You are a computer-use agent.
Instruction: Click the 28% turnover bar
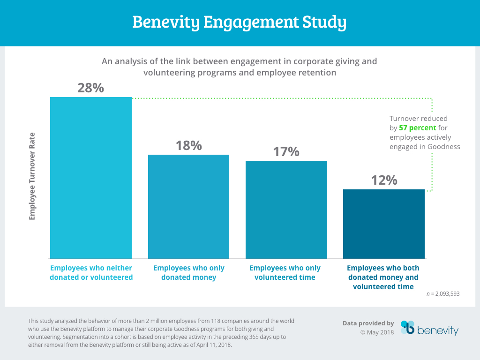[91, 178]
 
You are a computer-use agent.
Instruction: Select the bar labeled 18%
[188, 206]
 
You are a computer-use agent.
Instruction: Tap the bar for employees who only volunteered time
[286, 210]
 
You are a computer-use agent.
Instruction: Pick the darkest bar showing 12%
[384, 224]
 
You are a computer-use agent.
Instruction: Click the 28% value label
[91, 88]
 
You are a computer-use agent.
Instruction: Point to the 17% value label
[286, 151]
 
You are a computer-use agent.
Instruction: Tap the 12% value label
[384, 180]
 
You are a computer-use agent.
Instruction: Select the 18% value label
[188, 145]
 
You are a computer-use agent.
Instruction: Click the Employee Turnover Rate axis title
[32, 176]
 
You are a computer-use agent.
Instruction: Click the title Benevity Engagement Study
[240, 22]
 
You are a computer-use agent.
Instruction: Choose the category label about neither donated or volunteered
[91, 273]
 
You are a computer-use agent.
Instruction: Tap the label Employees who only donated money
[188, 273]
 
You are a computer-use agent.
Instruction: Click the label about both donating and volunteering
[383, 277]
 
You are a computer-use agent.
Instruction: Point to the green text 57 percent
[418, 128]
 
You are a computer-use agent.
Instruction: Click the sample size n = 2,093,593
[443, 294]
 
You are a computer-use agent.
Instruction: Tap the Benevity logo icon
[407, 328]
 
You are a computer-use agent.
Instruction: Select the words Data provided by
[368, 323]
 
